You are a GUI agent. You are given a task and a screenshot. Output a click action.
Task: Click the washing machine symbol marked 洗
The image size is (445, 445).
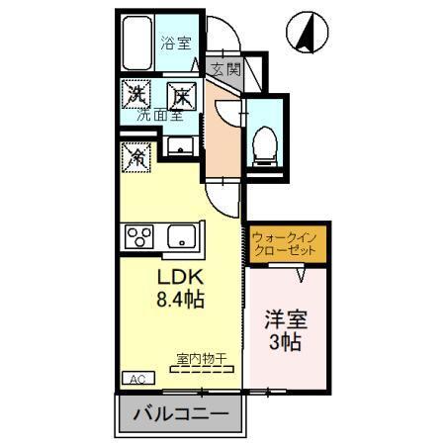[x=135, y=96]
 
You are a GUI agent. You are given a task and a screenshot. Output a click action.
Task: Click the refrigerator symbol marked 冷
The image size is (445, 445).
[x=135, y=155]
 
